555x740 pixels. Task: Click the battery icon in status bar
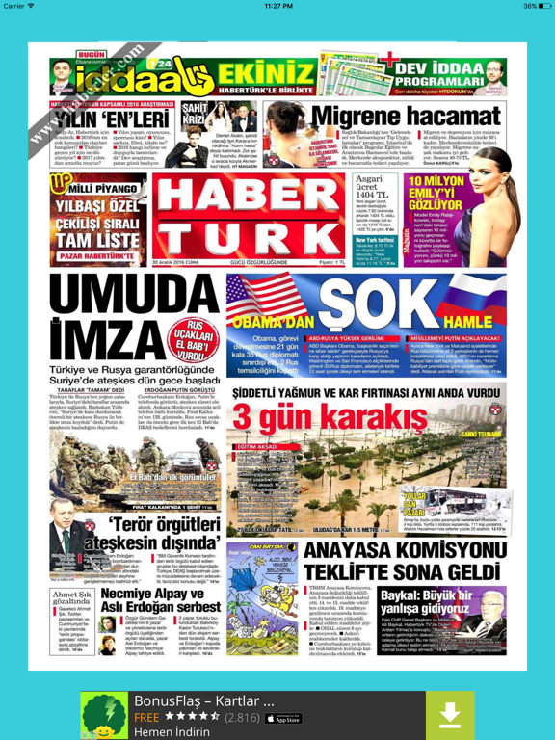click(x=542, y=6)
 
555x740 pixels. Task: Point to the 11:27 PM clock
click(x=277, y=6)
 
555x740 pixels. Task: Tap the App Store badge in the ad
click(x=283, y=718)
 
